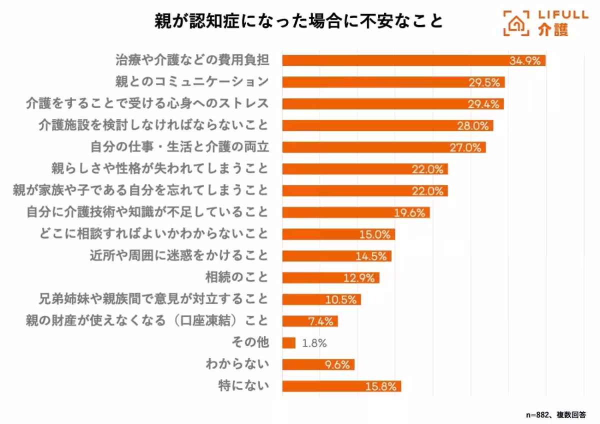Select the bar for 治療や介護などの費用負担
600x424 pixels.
click(x=413, y=60)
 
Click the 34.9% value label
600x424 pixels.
click(x=525, y=61)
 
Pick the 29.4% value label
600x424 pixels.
click(x=483, y=104)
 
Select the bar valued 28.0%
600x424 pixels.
click(x=387, y=125)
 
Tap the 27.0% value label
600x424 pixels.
click(x=465, y=147)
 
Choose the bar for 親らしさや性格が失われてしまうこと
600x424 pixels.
click(x=365, y=169)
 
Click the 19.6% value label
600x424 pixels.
click(x=410, y=212)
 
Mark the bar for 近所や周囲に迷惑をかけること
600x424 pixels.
click(x=336, y=256)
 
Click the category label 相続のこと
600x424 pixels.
click(x=237, y=277)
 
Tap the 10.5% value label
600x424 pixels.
click(x=341, y=299)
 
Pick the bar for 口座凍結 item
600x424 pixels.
click(x=310, y=321)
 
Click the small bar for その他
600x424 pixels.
click(x=288, y=343)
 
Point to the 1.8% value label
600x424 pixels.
click(x=314, y=343)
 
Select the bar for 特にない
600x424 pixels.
click(x=341, y=386)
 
